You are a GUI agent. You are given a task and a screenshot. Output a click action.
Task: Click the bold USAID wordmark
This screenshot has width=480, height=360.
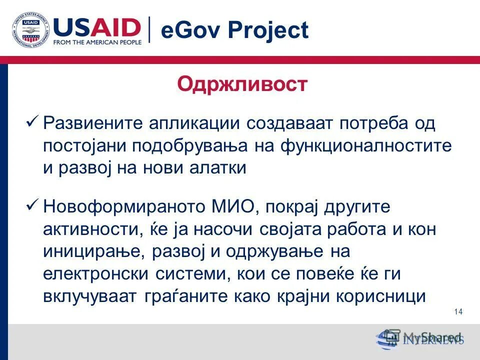[x=97, y=26]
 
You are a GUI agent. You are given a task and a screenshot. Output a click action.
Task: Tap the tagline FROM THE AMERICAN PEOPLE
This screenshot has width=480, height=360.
[x=97, y=42]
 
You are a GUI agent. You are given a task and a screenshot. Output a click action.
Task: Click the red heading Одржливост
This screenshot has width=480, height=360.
[x=242, y=84]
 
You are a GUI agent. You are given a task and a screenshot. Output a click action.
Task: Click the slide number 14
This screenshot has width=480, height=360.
[x=458, y=312]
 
